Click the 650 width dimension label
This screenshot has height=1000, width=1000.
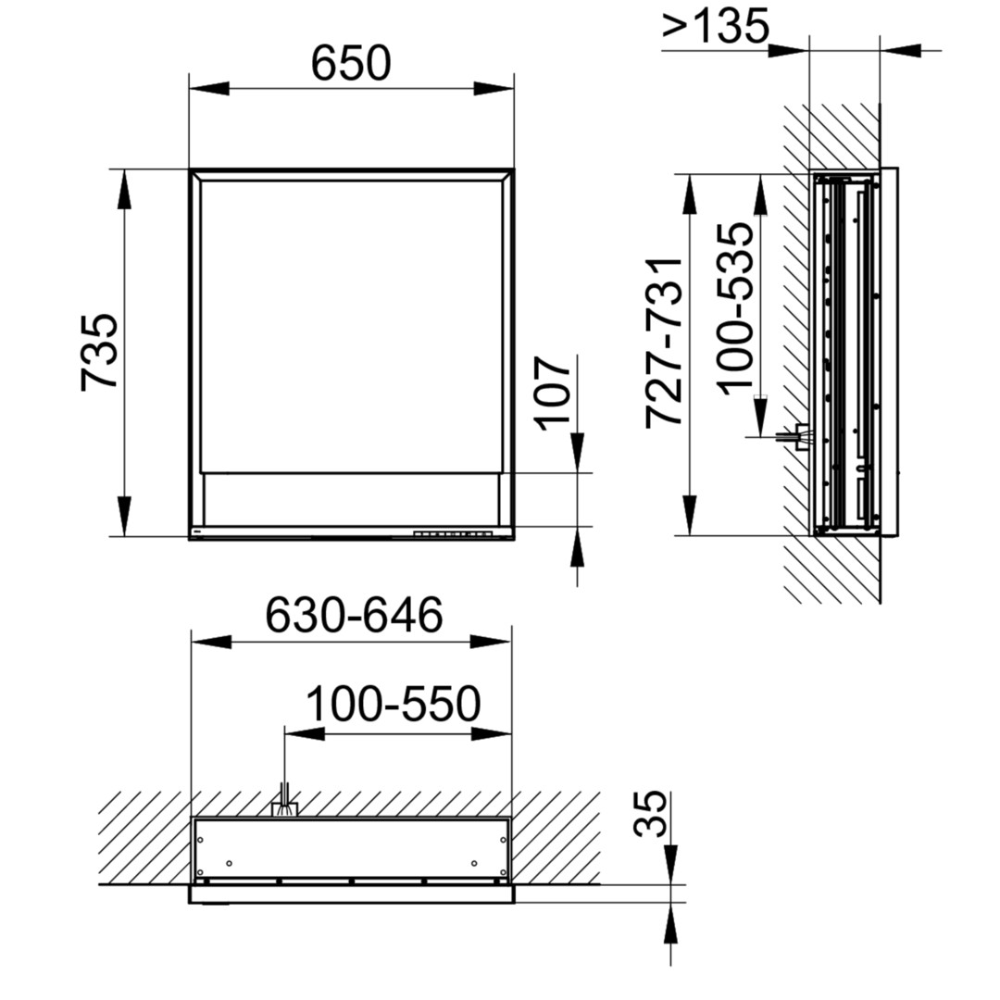[x=351, y=63]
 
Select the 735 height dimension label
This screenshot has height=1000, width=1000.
[x=99, y=352]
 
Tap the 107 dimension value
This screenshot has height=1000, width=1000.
[x=552, y=394]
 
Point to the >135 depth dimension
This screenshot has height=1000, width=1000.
[x=716, y=27]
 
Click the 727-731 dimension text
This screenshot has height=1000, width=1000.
[x=665, y=344]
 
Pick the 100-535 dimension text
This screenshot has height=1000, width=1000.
[x=734, y=308]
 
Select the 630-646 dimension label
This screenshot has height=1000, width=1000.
[x=354, y=615]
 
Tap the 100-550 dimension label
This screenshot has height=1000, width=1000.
[x=394, y=704]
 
